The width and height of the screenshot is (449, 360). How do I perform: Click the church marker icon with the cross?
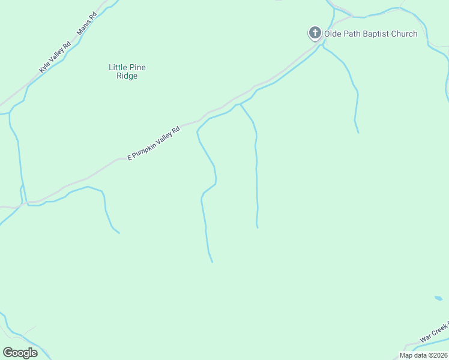(315, 33)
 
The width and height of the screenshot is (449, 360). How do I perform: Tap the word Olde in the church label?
(333, 34)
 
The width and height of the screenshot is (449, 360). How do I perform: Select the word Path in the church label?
(353, 34)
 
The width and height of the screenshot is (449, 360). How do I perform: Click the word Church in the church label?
(405, 34)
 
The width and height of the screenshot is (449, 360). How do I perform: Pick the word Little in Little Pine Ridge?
(118, 67)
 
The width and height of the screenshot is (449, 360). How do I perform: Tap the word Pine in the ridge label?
(137, 67)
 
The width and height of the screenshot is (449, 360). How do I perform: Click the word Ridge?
(127, 76)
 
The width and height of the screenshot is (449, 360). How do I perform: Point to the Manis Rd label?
(87, 25)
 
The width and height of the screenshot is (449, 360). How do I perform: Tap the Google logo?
(20, 353)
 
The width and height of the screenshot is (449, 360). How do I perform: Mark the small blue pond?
(438, 298)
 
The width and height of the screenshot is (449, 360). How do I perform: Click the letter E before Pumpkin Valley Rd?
(129, 157)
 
